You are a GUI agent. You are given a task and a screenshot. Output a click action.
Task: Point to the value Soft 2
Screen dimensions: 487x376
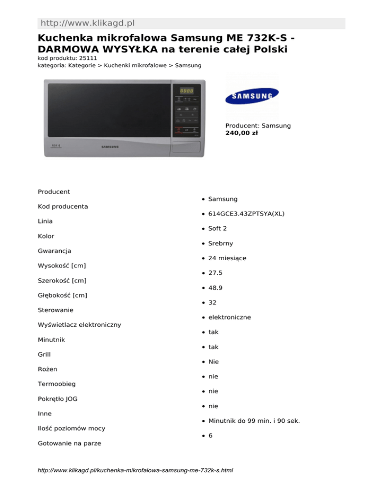(217, 228)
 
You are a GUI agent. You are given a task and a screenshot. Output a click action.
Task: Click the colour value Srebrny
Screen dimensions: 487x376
(220, 243)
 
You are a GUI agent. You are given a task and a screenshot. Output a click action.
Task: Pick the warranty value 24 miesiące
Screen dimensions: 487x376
(227, 258)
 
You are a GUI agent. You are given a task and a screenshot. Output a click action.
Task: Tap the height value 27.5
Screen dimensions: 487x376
(215, 273)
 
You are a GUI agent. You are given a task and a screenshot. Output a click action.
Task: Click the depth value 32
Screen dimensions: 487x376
(212, 302)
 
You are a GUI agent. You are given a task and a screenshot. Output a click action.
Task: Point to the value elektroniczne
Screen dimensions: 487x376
(230, 317)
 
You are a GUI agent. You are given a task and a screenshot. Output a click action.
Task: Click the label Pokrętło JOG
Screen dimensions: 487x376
(58, 399)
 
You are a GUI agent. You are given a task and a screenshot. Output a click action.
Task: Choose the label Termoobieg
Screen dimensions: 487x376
(56, 384)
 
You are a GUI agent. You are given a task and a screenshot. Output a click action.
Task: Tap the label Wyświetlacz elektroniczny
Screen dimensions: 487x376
(79, 324)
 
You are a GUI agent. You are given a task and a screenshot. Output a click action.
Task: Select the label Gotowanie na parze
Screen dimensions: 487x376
(70, 443)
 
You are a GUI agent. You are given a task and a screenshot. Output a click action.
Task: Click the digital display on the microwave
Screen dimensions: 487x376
(186, 91)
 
